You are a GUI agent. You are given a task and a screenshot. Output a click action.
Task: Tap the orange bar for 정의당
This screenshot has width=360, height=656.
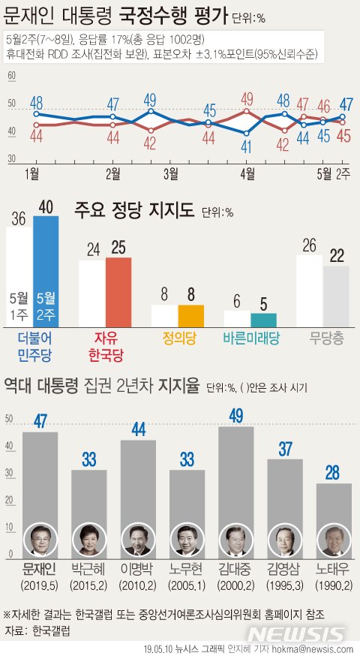coord(190,315)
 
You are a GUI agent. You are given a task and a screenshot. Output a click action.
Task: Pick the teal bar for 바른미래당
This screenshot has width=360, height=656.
coord(263,319)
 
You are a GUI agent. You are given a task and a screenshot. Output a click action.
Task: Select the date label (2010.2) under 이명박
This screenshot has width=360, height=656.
coord(138,585)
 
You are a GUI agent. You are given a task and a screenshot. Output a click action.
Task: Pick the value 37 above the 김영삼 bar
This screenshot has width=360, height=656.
coord(285,448)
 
